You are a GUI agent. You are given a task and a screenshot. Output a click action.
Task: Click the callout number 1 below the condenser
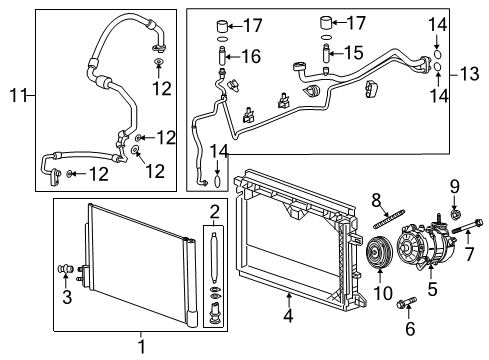pyautogui.click(x=140, y=347)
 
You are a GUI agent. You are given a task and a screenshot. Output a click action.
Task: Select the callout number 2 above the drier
pyautogui.click(x=213, y=211)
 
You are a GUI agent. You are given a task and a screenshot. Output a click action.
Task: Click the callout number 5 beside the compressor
pyautogui.click(x=433, y=291)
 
